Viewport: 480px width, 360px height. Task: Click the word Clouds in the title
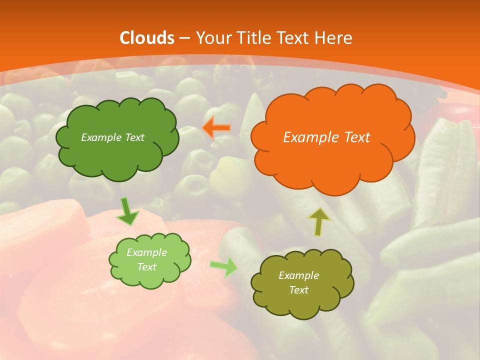(147, 38)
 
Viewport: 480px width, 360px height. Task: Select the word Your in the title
(212, 38)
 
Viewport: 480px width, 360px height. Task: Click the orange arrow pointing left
(217, 128)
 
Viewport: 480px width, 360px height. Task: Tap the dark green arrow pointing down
(128, 211)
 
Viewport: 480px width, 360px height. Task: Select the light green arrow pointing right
(224, 266)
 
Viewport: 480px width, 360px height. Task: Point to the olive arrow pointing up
(319, 221)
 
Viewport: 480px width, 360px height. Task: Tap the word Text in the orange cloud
(357, 137)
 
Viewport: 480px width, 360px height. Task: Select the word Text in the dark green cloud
(134, 137)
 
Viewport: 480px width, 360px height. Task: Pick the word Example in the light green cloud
(147, 252)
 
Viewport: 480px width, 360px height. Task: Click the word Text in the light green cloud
(147, 267)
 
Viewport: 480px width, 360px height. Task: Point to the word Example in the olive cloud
(298, 275)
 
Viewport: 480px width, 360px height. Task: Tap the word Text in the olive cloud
(298, 290)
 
